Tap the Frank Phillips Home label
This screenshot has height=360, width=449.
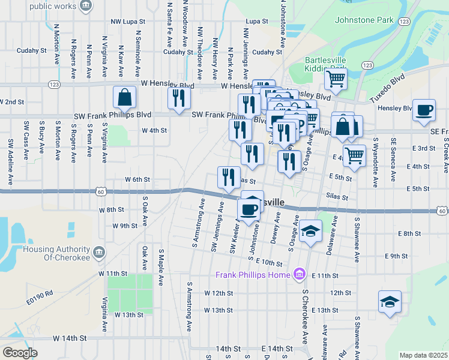click(253, 275)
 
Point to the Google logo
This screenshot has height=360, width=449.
click(20, 352)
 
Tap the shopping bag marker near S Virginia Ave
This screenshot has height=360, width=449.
click(124, 97)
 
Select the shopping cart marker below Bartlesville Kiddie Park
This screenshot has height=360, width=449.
click(336, 78)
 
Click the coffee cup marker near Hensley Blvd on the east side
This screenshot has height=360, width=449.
click(424, 110)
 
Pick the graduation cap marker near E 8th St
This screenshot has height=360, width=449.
click(310, 231)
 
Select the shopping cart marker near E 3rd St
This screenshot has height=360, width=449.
click(355, 155)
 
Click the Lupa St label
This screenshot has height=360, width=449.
click(256, 21)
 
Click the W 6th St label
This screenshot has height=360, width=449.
click(137, 179)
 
